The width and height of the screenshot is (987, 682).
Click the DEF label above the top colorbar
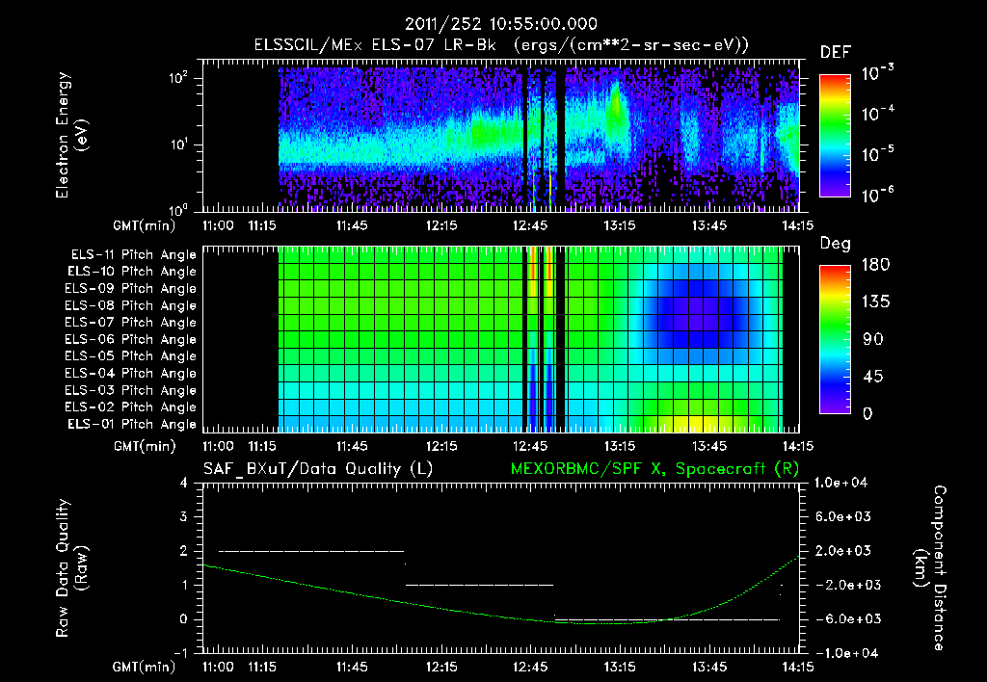835,53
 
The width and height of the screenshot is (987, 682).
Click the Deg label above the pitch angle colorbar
835,245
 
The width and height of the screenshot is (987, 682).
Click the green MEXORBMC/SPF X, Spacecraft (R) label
658,469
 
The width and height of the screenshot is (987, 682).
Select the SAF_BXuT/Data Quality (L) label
317,469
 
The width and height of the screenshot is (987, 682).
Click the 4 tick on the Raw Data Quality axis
183,483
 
